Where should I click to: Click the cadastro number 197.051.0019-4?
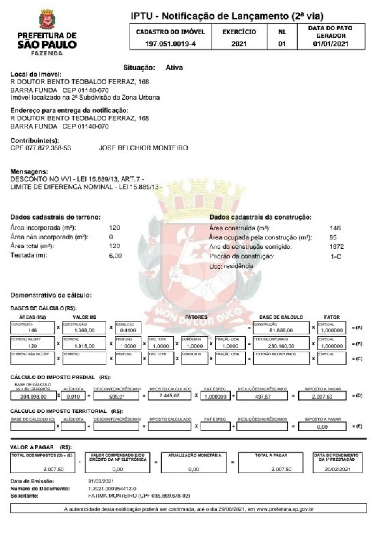(x=170, y=44)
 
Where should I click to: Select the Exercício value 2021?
(x=239, y=44)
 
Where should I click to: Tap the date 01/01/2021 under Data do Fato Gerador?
(x=330, y=44)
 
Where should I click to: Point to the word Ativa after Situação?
(x=174, y=67)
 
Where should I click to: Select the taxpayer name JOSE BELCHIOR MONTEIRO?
(x=143, y=148)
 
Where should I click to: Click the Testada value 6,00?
(x=115, y=256)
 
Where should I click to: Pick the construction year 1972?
(x=336, y=247)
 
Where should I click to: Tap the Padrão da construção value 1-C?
(x=336, y=256)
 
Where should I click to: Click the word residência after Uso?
(x=239, y=266)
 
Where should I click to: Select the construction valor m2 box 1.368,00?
(x=84, y=330)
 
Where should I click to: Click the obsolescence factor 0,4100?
(x=128, y=330)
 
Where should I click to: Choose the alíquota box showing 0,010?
(x=73, y=396)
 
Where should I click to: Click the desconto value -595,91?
(x=116, y=396)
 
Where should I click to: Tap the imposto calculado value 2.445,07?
(x=169, y=396)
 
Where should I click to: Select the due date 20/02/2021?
(x=338, y=469)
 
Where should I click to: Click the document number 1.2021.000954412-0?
(x=112, y=488)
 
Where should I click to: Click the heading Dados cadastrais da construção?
(x=260, y=217)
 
